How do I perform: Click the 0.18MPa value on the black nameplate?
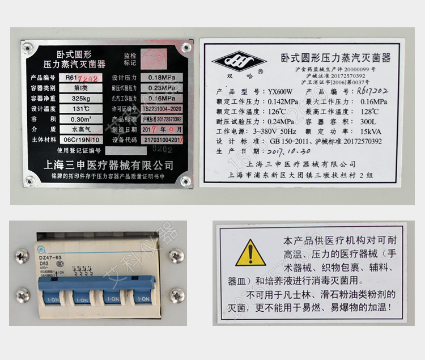click(x=161, y=78)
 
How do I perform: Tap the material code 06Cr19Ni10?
click(x=81, y=139)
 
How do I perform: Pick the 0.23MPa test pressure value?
click(x=161, y=88)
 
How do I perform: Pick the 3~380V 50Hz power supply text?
click(x=282, y=132)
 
